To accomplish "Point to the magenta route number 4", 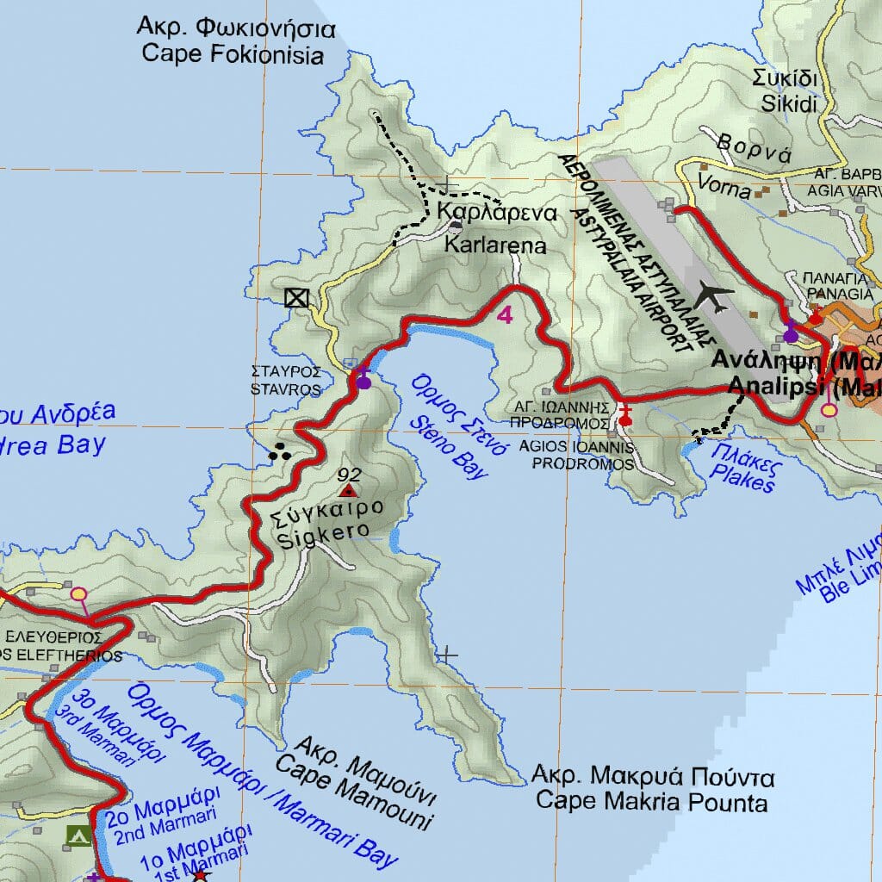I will point(505,315).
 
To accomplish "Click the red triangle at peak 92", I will point(348,491).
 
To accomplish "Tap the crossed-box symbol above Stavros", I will point(296,298).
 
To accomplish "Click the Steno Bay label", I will point(448,427).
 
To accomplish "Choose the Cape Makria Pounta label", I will point(652,790).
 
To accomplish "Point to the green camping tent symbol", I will point(78,835).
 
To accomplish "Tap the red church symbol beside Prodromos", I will point(625,417).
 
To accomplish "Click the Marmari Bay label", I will point(267,775).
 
